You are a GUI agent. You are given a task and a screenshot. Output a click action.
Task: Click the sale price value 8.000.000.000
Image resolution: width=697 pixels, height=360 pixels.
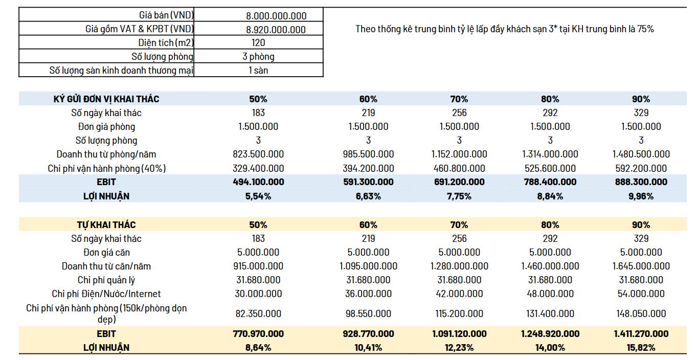coord(276,16)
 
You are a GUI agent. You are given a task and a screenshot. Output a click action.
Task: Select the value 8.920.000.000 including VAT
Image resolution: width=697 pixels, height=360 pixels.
coord(276,30)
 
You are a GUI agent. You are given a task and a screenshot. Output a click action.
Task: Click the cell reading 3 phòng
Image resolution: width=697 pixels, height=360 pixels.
coord(258,57)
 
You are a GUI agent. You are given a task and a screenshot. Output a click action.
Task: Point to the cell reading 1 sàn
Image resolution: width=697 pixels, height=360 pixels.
coord(258,71)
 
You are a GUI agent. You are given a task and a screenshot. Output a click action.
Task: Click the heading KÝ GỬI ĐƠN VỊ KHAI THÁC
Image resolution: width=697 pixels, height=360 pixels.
coord(106,99)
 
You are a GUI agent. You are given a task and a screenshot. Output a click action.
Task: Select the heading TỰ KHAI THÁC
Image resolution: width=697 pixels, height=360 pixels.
coord(106,224)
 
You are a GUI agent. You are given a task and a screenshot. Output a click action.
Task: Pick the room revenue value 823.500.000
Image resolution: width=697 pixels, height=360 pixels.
coord(258,154)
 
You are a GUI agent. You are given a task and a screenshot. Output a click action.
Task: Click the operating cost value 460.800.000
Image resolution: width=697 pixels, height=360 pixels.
coord(459,168)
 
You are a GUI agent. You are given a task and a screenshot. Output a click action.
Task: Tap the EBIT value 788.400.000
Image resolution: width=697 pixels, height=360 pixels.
coord(550,182)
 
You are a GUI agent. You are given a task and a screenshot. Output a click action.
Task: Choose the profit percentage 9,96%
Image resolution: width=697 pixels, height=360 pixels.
coord(641,196)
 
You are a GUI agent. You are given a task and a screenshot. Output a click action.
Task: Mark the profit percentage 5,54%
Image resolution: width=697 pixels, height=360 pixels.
coord(258,196)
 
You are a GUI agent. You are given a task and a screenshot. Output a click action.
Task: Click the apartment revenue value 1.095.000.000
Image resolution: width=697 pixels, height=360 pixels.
coord(368,266)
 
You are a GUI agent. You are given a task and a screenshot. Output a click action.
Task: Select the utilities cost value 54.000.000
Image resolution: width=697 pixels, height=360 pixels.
coord(641,294)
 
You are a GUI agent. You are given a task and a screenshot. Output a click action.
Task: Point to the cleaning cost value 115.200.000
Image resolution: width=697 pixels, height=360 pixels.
coord(459,313)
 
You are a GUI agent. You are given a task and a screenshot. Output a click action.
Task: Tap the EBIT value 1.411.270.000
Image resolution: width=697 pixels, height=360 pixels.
coord(641,334)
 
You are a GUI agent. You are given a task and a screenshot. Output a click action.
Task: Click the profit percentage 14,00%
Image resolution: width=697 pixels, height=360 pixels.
coord(550,348)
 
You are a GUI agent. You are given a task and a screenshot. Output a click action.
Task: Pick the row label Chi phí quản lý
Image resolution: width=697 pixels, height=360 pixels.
coord(106,280)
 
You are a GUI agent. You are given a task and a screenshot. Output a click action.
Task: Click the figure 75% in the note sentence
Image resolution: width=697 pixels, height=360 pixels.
coord(645,29)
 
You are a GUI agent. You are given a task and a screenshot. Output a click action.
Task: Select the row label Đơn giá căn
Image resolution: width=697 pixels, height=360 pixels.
coord(106,252)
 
